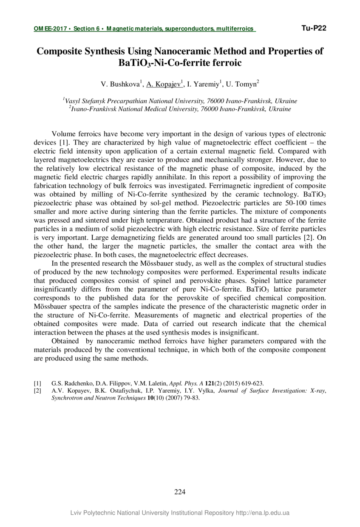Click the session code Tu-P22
click(x=314, y=28)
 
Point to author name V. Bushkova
click(x=120, y=84)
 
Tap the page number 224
click(x=180, y=492)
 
